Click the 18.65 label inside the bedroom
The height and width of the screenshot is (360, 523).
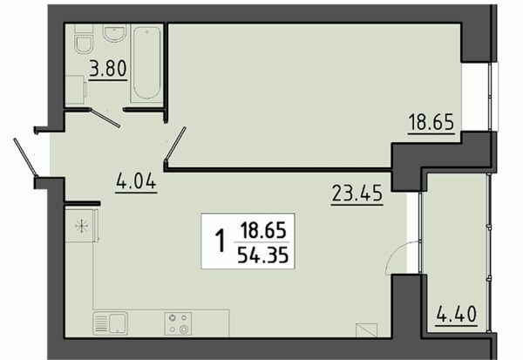431,121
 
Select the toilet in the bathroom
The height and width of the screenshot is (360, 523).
85,43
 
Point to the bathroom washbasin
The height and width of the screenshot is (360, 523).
112,33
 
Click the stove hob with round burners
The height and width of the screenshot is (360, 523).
178,323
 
